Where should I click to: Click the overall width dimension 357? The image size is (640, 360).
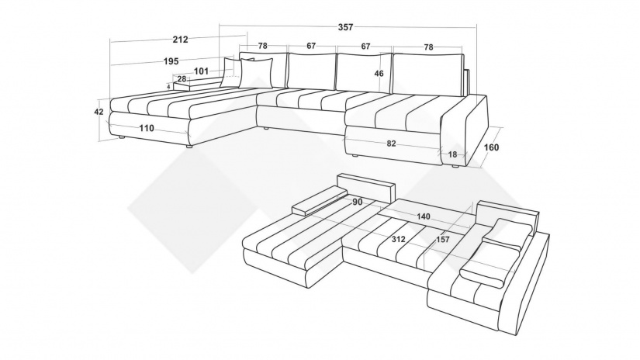345,27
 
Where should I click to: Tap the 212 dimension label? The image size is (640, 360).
181,40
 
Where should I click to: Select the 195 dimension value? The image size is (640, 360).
171,61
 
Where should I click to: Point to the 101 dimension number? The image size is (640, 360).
201,71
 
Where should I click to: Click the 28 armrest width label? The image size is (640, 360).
182,79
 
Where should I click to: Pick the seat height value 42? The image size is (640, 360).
99,112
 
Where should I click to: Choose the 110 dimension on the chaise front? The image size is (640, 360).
147,128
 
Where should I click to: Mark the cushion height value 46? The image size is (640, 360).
379,74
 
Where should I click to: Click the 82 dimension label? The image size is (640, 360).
391,144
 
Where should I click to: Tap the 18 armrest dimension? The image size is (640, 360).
452,154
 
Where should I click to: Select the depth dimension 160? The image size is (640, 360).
491,147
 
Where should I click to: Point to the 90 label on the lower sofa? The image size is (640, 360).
357,202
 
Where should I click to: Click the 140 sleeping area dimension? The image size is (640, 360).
424,216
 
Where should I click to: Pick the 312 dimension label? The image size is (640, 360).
399,239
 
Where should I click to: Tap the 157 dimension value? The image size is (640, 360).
442,239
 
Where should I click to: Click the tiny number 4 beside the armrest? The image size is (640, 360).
168,87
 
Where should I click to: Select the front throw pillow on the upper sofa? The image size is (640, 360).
256,73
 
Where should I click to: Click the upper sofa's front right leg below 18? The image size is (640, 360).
454,168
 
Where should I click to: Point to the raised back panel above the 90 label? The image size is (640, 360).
366,187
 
